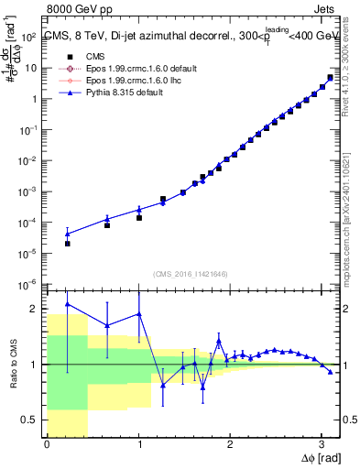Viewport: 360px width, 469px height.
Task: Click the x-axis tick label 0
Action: click(47, 444)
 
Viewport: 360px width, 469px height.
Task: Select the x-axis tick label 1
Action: click(138, 444)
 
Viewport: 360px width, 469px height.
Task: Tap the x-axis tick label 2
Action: click(230, 444)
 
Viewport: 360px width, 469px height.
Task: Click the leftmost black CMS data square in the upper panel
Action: click(67, 244)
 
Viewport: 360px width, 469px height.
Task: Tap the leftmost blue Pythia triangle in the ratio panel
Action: click(67, 303)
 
